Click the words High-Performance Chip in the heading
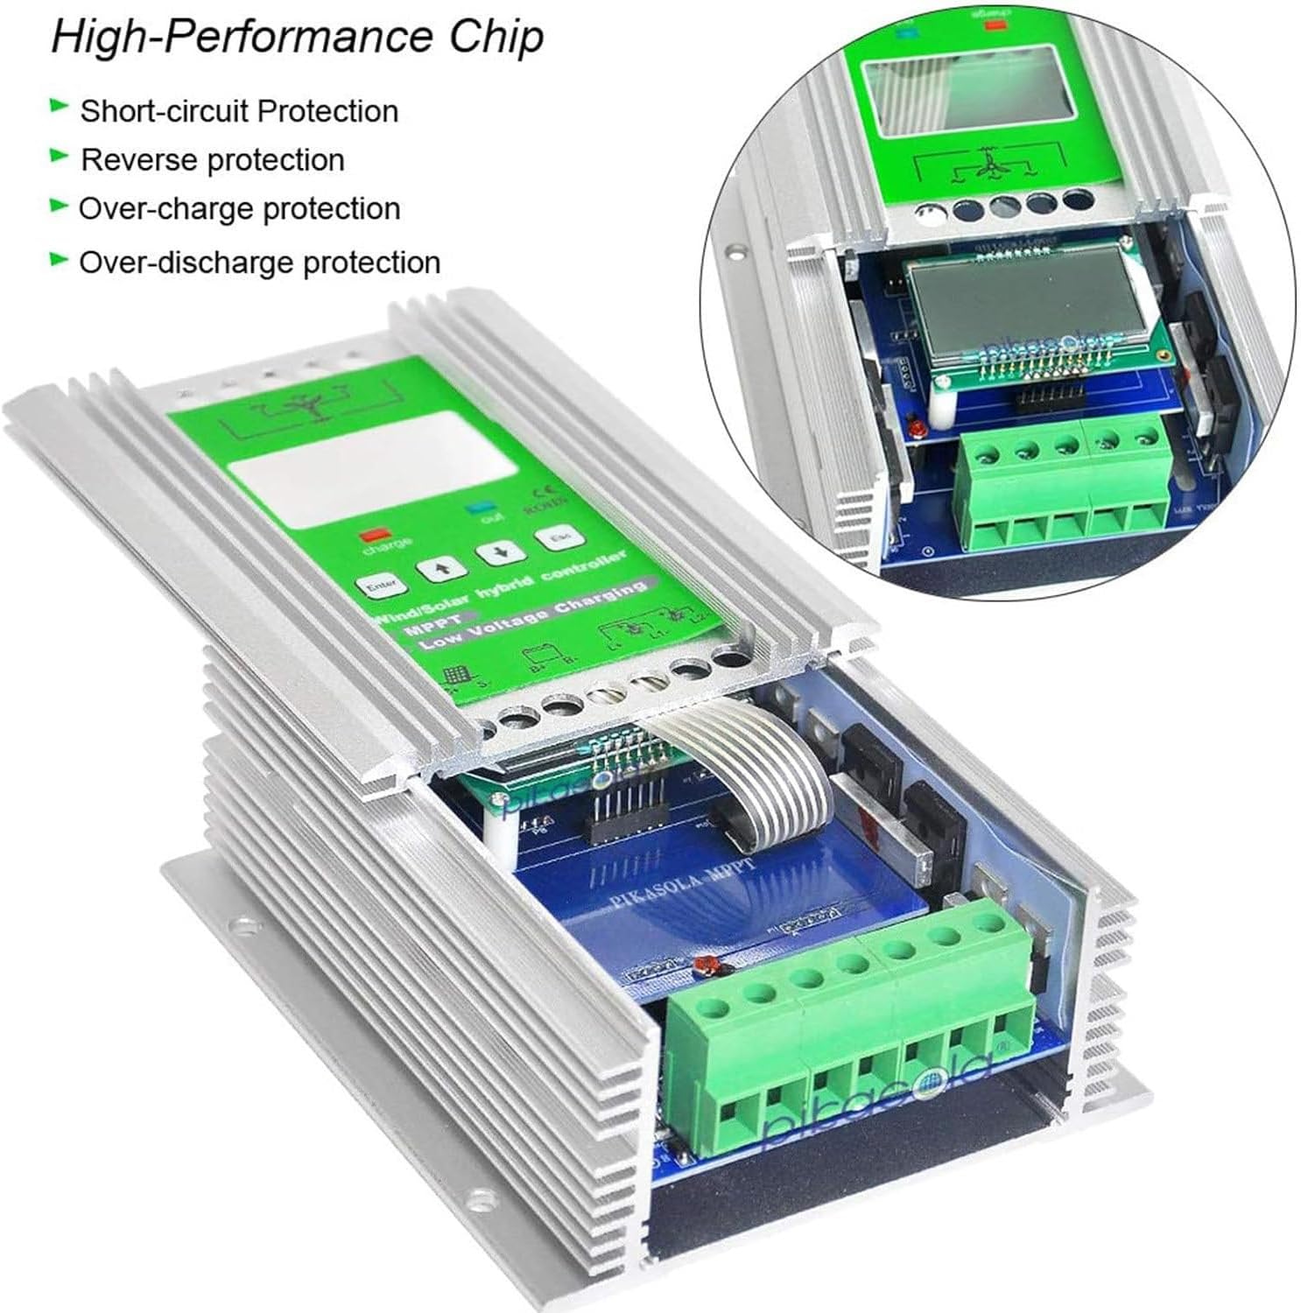[298, 39]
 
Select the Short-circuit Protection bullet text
[239, 111]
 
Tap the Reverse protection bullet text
[213, 160]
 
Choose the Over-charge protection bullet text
[240, 209]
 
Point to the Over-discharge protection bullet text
[260, 262]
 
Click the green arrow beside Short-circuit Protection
[59, 107]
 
